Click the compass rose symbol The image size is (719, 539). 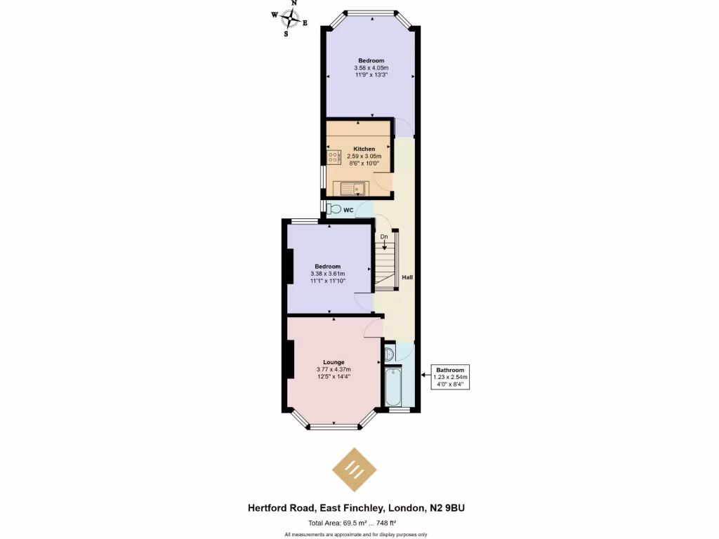[289, 19]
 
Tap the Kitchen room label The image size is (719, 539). [364, 149]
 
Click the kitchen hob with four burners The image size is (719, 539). [334, 157]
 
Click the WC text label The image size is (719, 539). [348, 210]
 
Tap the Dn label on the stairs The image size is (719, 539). [384, 237]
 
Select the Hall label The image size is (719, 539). [407, 277]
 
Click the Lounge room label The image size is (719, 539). [334, 362]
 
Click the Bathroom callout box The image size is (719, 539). [450, 377]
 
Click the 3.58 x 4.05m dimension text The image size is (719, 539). [371, 68]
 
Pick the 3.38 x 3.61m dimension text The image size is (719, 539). [327, 274]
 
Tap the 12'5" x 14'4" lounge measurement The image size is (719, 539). [334, 377]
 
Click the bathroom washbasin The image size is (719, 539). [390, 354]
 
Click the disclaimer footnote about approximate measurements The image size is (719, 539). [356, 535]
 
